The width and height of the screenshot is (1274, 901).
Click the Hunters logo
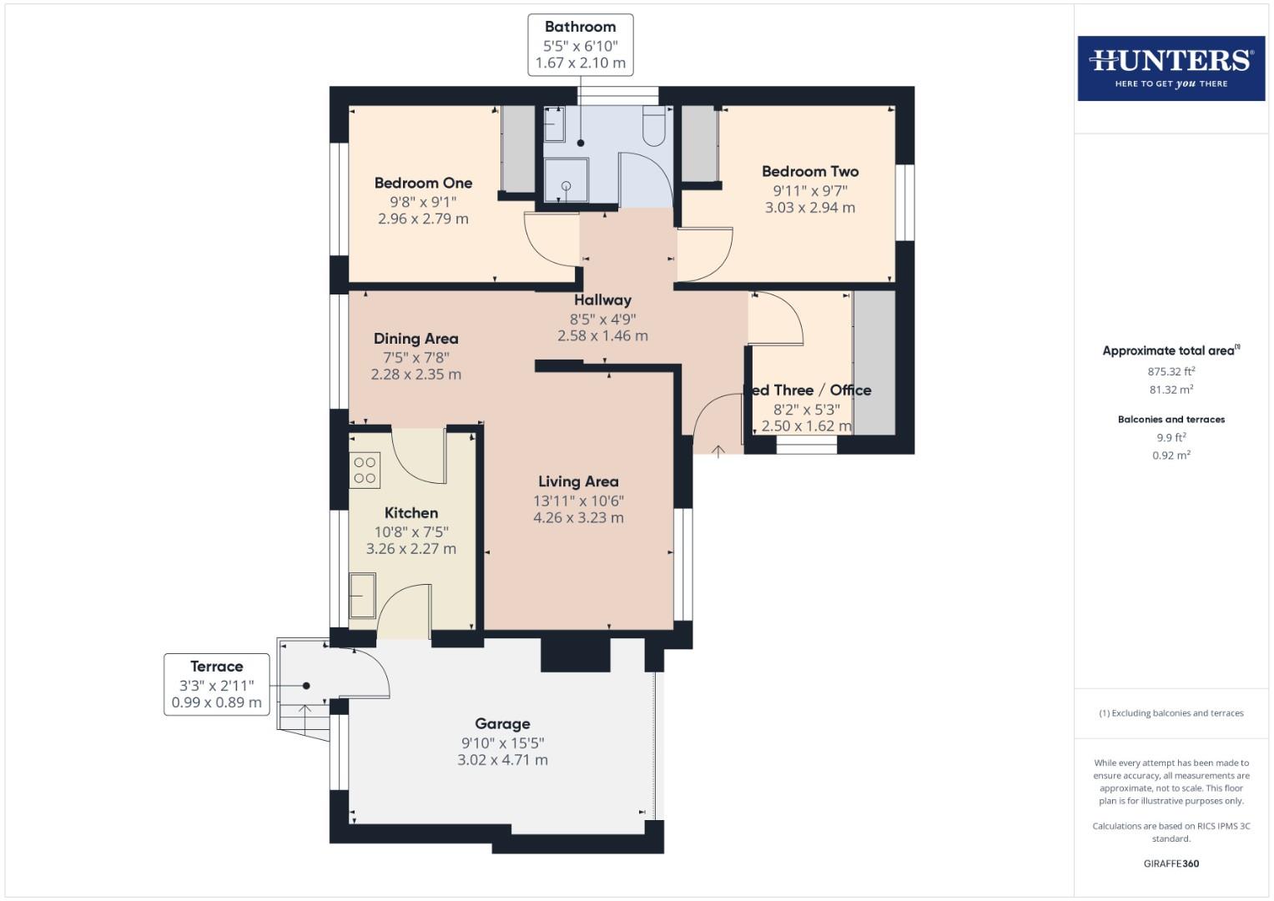pyautogui.click(x=1171, y=68)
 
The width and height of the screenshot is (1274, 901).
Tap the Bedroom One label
pyautogui.click(x=423, y=183)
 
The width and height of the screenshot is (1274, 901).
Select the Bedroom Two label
pyautogui.click(x=809, y=171)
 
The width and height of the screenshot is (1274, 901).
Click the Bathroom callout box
pyautogui.click(x=580, y=45)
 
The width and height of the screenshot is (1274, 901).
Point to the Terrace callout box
pyautogui.click(x=216, y=684)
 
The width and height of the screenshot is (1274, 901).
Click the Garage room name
pyautogui.click(x=502, y=723)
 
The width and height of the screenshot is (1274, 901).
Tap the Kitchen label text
pyautogui.click(x=410, y=513)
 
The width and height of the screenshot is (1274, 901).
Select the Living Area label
pyautogui.click(x=578, y=481)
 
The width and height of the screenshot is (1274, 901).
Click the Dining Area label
pyautogui.click(x=415, y=338)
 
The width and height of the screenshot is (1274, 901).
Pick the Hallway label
pyautogui.click(x=602, y=299)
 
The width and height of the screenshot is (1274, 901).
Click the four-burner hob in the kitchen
pyautogui.click(x=365, y=470)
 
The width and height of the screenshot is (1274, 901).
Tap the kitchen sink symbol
pyautogui.click(x=362, y=594)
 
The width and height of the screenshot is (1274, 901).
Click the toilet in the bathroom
pyautogui.click(x=653, y=127)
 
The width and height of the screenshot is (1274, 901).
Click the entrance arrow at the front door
pyautogui.click(x=718, y=451)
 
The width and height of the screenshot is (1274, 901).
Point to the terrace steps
pyautogui.click(x=305, y=717)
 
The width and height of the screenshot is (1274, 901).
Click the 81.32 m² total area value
pyautogui.click(x=1171, y=390)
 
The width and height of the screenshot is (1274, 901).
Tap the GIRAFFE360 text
pyautogui.click(x=1171, y=863)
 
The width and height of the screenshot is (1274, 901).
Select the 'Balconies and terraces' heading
pyautogui.click(x=1171, y=420)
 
